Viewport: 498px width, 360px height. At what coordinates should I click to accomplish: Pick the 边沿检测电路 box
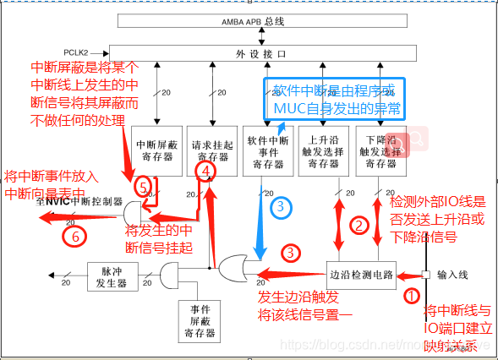363,274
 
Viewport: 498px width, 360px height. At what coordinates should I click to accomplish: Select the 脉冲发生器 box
111,275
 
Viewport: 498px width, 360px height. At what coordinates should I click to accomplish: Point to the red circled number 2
360,226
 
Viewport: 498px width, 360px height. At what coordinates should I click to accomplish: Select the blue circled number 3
281,205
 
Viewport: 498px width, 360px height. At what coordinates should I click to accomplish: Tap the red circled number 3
291,252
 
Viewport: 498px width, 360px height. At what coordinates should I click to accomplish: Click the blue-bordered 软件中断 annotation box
334,100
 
